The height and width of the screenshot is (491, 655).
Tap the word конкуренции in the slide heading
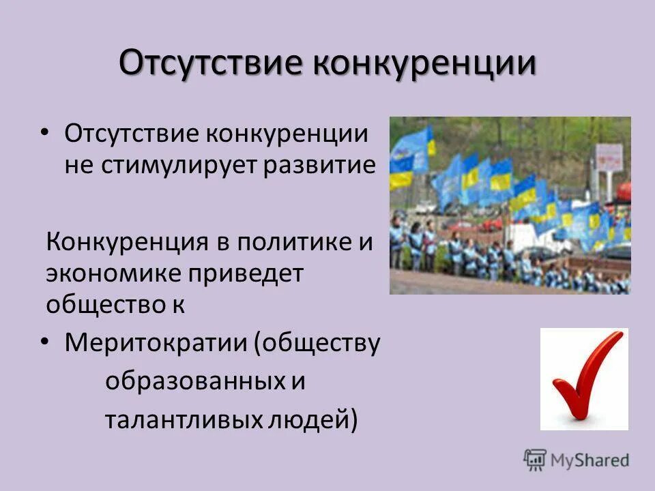coord(424,65)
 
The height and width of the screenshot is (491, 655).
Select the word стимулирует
coord(180,166)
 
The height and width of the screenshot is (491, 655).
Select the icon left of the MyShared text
coord(536,460)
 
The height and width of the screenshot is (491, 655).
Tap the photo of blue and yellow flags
coord(510,205)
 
